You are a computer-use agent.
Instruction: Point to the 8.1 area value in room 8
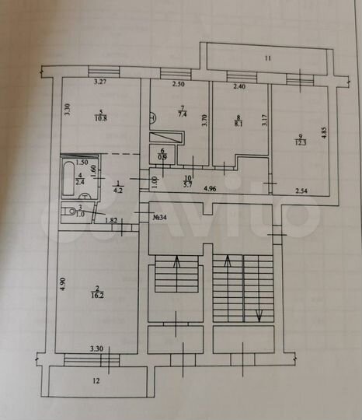click(x=238, y=122)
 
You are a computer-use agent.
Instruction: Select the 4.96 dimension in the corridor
click(x=211, y=188)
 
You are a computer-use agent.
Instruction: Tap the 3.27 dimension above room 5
click(x=99, y=81)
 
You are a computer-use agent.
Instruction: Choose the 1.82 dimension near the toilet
click(x=111, y=222)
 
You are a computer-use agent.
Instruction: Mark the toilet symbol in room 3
click(x=71, y=211)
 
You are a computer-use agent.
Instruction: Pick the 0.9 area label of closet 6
click(x=163, y=157)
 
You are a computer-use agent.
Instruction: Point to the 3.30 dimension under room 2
click(x=96, y=349)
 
